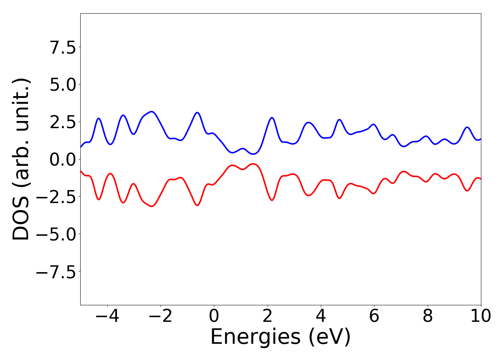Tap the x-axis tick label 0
(214, 316)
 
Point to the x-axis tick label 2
(267, 316)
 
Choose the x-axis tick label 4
(321, 316)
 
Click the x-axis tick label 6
(374, 316)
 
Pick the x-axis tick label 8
(427, 316)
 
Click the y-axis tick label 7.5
(63, 47)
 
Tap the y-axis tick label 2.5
(63, 122)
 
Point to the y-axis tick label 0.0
(63, 159)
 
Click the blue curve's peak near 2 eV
(272, 118)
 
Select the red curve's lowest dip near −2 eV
(152, 206)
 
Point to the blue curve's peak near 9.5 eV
(467, 127)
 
